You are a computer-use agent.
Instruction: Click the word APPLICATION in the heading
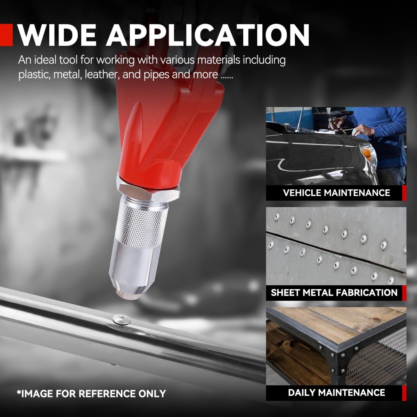[x=208, y=35]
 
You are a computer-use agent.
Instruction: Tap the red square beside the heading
[x=6, y=35]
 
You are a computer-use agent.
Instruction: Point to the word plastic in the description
[x=34, y=75]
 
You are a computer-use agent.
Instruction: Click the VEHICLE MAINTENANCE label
[x=336, y=193]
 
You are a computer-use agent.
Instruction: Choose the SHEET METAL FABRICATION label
[x=334, y=293]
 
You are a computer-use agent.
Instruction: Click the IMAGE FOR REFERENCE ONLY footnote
[x=91, y=393]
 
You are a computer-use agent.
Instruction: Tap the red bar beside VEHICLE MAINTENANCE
[x=404, y=193]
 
